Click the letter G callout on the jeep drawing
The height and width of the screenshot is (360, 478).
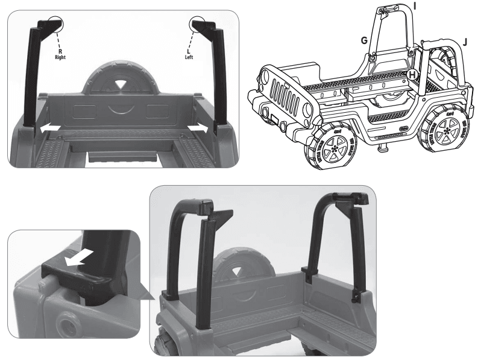(363, 39)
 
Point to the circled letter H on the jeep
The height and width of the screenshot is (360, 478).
(412, 74)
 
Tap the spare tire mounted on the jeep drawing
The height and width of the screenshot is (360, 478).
(447, 60)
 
